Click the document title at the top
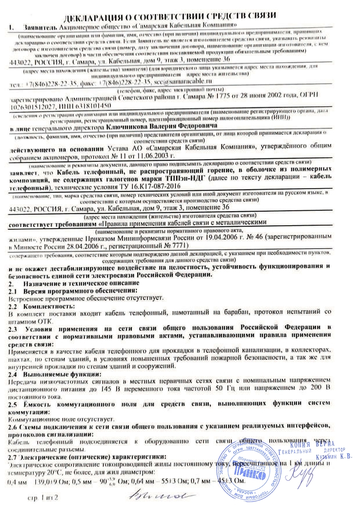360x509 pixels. pyautogui.click(x=170, y=16)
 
